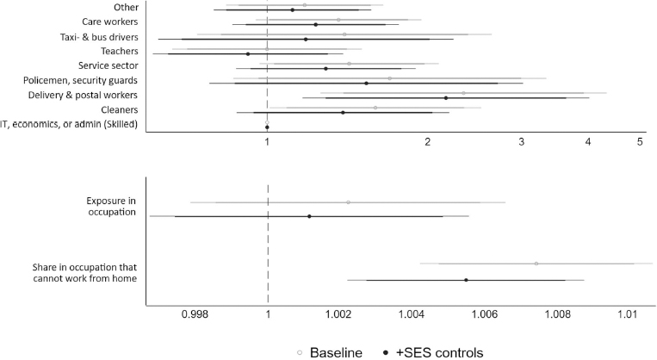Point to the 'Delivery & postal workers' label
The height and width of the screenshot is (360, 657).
tap(83, 96)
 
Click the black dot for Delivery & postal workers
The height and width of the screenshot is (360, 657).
tap(446, 98)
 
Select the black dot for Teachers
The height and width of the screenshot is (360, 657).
tap(248, 53)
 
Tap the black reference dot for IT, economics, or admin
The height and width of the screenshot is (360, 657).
tap(267, 127)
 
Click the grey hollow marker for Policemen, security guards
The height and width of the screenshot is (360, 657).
tap(390, 78)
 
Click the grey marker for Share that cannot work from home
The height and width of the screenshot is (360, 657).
tap(536, 264)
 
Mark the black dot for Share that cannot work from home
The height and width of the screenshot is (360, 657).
tap(466, 280)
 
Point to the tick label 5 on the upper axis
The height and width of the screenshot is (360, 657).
tap(641, 142)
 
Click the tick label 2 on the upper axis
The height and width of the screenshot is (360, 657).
tap(428, 142)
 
